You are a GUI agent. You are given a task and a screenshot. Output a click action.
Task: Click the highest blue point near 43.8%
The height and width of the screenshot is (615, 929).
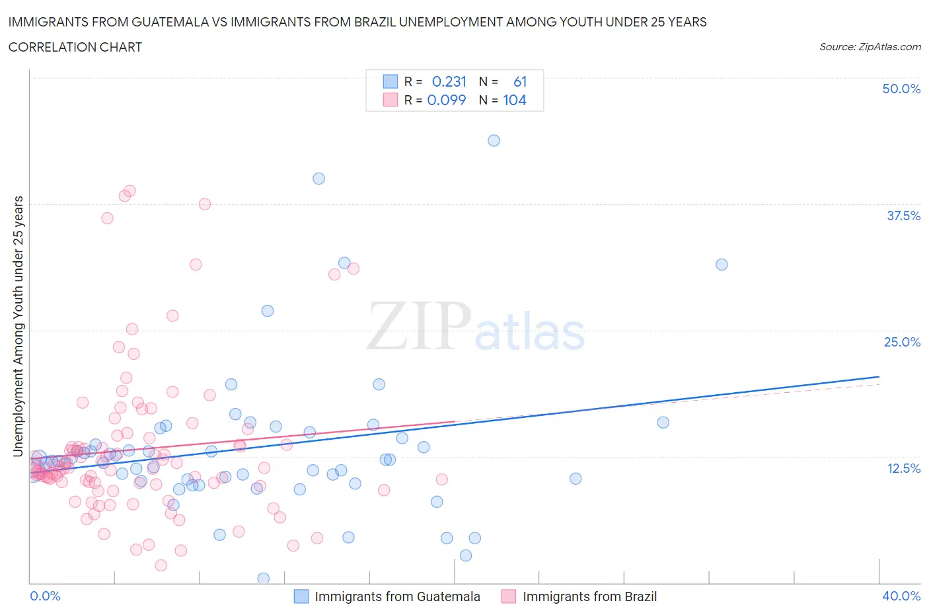(494, 140)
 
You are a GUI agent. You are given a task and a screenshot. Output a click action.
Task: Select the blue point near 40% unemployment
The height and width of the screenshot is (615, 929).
(318, 179)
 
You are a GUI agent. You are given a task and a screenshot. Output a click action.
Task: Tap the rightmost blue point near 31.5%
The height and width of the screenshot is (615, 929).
(722, 265)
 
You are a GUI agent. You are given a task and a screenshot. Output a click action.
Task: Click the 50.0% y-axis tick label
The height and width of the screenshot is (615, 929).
(901, 89)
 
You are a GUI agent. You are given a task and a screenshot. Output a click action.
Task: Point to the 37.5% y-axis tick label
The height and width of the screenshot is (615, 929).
(903, 216)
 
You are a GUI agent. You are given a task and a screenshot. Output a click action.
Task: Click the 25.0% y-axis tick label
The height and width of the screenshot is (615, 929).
(902, 342)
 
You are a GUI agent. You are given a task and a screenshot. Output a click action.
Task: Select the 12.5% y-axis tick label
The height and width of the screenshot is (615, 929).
(903, 468)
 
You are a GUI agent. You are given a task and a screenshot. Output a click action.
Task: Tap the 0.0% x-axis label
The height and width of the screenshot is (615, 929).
(45, 596)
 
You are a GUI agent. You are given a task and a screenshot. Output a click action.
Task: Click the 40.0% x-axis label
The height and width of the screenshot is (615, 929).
(901, 596)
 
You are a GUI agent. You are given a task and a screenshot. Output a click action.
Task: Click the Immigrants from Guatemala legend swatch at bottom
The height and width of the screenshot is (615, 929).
(301, 596)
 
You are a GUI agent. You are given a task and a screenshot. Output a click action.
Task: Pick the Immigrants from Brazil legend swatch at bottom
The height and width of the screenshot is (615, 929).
(508, 596)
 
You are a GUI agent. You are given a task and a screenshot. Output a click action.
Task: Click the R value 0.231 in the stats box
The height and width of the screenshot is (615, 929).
(449, 81)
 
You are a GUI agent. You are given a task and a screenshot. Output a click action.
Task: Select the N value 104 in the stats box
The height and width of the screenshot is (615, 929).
(515, 100)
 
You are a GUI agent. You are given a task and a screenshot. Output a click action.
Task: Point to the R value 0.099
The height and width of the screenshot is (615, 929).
(447, 100)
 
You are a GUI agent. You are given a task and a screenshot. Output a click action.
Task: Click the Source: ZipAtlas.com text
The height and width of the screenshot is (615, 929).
(870, 47)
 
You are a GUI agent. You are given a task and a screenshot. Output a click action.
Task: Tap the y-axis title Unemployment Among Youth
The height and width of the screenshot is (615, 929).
(18, 326)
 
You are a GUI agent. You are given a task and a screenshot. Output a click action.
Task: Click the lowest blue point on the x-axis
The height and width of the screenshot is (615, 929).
(263, 579)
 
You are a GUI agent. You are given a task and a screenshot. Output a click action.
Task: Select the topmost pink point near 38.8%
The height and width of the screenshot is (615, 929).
(130, 191)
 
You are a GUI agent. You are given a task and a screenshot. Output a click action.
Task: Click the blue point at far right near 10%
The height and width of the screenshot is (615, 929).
(576, 479)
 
